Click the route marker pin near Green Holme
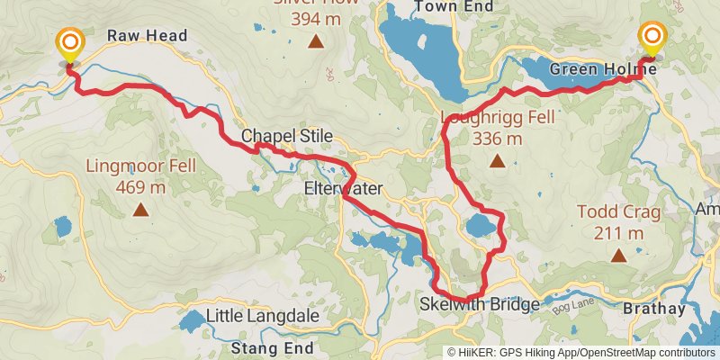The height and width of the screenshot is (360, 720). [x=653, y=39]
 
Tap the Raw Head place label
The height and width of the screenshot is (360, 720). [x=147, y=36]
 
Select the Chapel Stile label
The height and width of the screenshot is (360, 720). [x=286, y=137]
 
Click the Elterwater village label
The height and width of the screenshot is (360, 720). [x=344, y=189]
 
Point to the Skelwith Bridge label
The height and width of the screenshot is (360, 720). [x=480, y=305]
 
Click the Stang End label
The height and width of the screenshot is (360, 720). [x=272, y=347]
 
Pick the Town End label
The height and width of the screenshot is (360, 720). [x=442, y=7]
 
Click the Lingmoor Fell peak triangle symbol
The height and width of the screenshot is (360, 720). [x=140, y=211]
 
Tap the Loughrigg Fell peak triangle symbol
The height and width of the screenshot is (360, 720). [x=497, y=162]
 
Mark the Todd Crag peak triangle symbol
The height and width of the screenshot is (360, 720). [x=618, y=256]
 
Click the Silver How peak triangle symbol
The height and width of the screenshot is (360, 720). [x=316, y=41]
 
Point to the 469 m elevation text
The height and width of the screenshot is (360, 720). [x=140, y=188]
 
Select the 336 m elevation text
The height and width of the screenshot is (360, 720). [x=497, y=139]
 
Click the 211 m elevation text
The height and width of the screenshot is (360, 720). [x=618, y=234]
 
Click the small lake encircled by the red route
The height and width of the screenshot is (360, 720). [x=479, y=226]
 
